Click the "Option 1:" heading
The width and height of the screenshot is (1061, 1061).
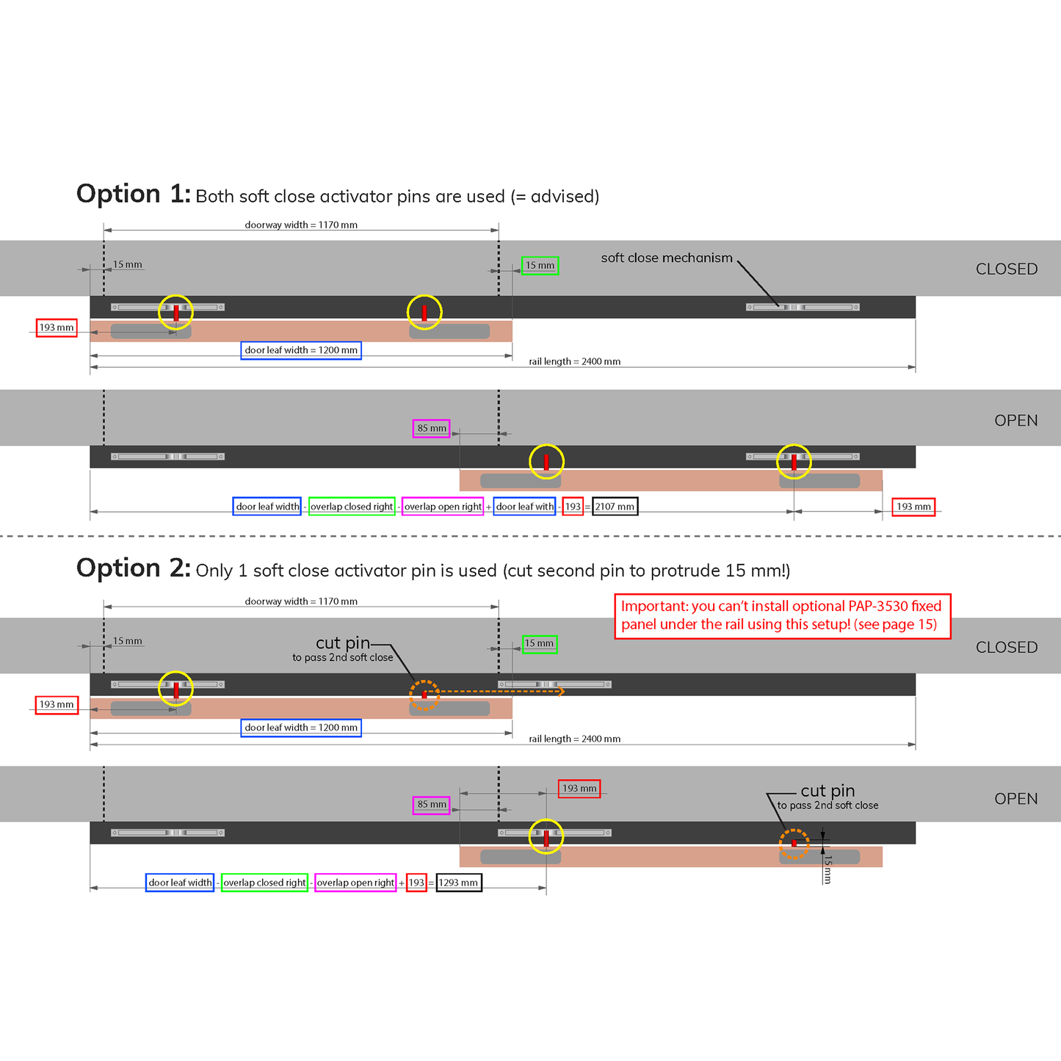(x=133, y=195)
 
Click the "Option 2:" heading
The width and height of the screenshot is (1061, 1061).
(x=133, y=569)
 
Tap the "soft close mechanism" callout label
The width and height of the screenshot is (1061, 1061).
(x=666, y=258)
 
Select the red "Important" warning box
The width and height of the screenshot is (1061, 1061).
(x=782, y=616)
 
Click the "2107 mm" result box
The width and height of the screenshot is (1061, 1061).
(x=615, y=507)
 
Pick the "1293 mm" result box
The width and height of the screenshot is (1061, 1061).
(x=459, y=883)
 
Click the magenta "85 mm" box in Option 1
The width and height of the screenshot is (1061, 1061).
(x=431, y=428)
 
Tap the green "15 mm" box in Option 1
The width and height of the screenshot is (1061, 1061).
(x=540, y=266)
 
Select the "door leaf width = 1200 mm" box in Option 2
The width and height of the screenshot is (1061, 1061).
(x=301, y=728)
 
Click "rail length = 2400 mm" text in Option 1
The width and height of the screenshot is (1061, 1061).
(x=574, y=361)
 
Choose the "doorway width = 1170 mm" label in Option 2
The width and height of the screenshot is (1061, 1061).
(x=301, y=601)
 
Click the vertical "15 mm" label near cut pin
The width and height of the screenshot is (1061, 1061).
(x=828, y=869)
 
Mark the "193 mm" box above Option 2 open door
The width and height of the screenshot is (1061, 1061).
(x=579, y=789)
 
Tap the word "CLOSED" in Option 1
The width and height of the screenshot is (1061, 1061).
(x=1006, y=269)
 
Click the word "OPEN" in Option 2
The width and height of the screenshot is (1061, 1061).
(x=1015, y=799)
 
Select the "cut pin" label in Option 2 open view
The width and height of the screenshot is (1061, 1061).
(x=828, y=791)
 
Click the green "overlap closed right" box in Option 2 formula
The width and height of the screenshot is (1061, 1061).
(x=264, y=883)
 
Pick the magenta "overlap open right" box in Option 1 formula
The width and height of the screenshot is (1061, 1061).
(x=443, y=507)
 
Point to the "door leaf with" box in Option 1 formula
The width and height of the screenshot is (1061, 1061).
(x=524, y=507)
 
